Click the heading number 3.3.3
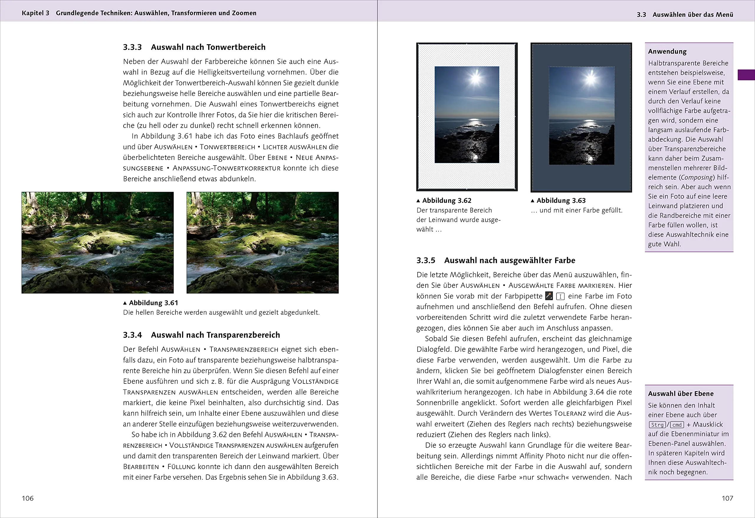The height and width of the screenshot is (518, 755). click(132, 47)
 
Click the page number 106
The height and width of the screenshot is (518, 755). click(28, 498)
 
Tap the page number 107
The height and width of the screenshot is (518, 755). click(727, 498)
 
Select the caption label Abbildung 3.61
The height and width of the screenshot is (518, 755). click(153, 303)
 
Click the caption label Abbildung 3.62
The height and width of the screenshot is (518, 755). click(447, 201)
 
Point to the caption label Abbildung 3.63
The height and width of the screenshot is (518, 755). click(561, 201)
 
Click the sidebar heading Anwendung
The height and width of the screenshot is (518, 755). click(667, 51)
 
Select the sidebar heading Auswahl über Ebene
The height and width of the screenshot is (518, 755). click(681, 394)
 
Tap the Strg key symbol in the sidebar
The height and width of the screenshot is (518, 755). click(657, 425)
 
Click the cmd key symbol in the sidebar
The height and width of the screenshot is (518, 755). click(677, 425)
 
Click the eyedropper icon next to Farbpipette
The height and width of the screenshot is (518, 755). click(549, 296)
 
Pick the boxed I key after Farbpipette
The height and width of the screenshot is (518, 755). click(560, 296)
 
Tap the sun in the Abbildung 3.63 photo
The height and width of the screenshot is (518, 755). click(590, 78)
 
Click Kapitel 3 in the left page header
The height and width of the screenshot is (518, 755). click(35, 13)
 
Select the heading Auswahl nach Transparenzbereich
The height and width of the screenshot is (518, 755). click(215, 335)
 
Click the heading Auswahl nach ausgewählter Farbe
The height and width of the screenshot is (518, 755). click(509, 260)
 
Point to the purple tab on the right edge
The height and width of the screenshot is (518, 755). click(746, 75)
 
